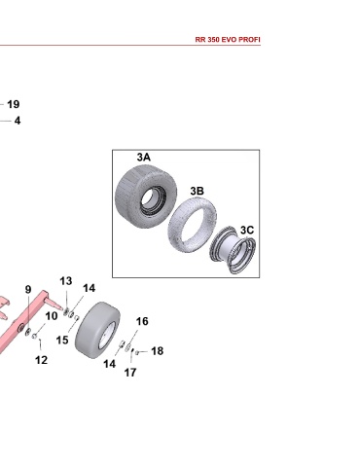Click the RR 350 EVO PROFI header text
point(228,40)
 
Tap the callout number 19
point(14,104)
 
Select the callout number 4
point(18,121)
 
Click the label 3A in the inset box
point(144,157)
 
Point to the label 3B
point(198,191)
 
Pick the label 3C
point(247,230)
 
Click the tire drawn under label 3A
point(146,197)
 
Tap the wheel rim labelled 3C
point(233,250)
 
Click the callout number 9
point(28,289)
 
